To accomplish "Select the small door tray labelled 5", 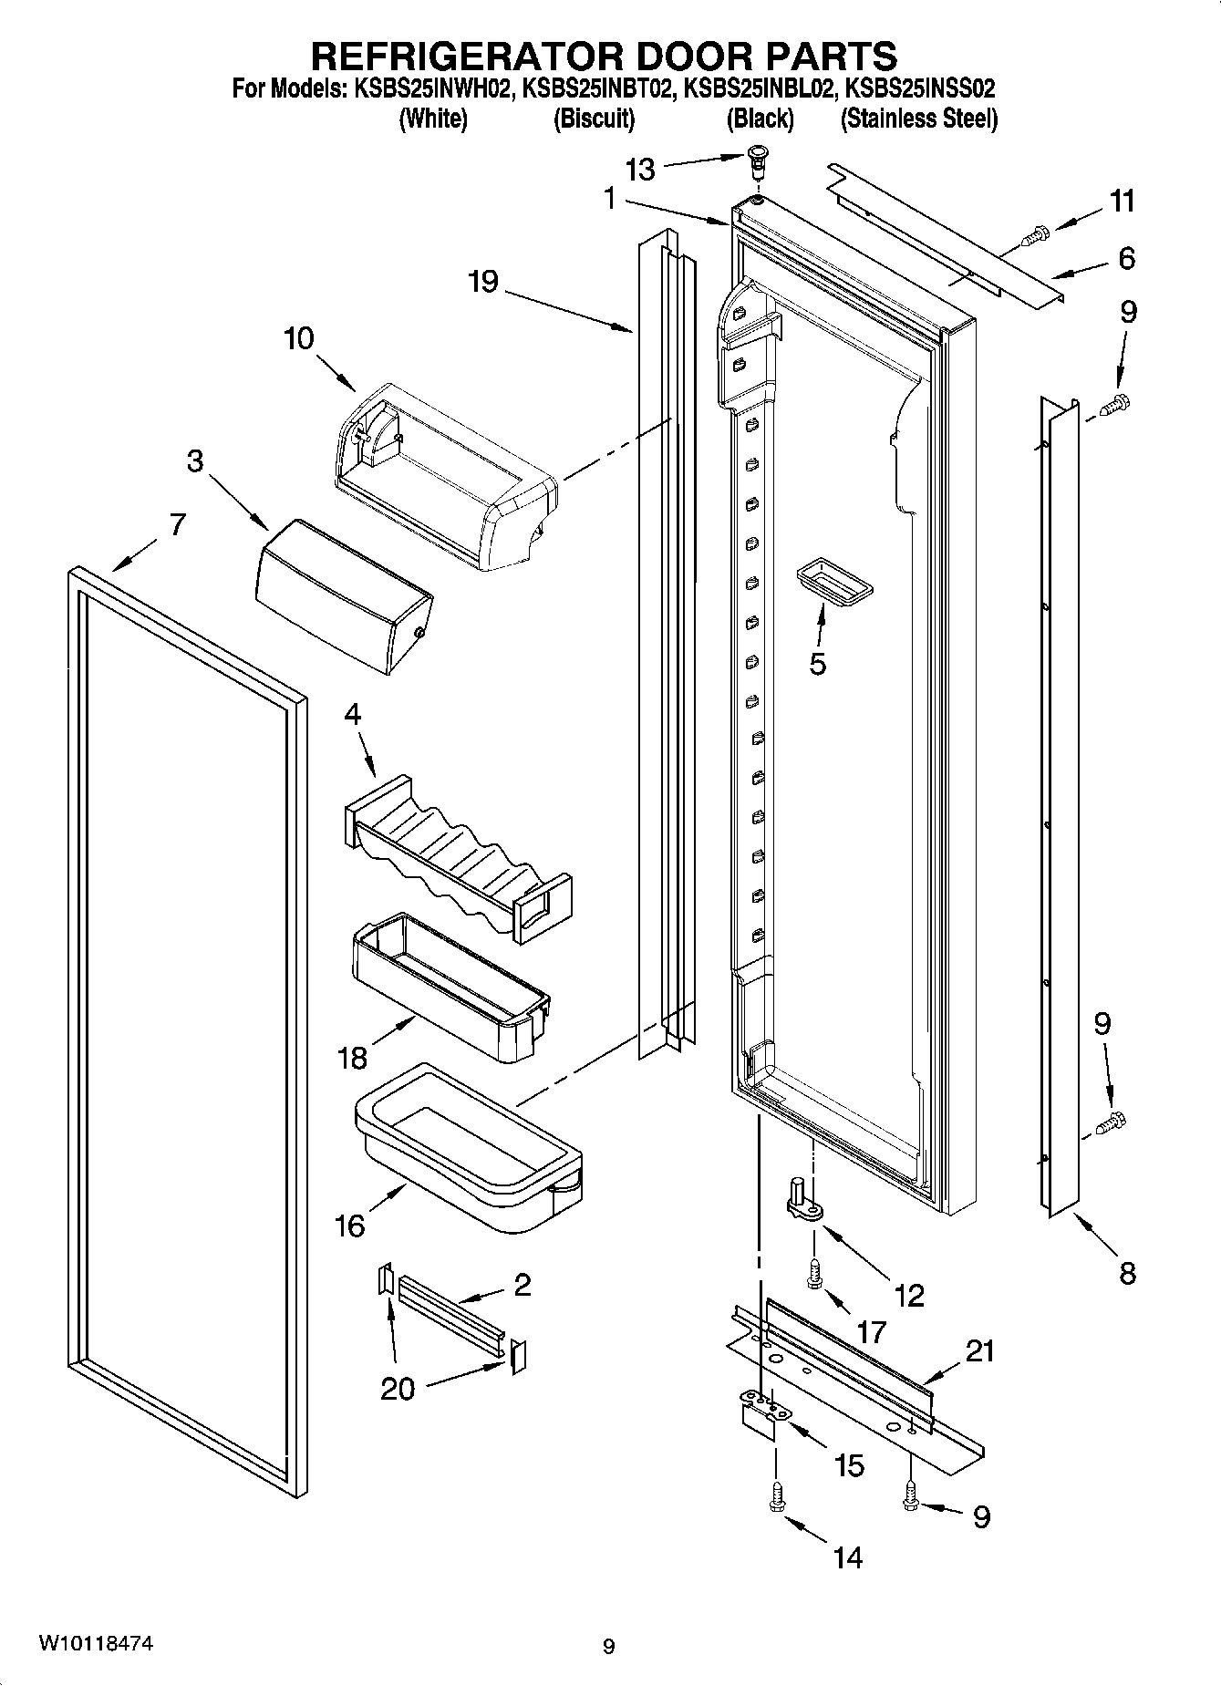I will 833,582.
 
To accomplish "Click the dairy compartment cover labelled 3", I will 343,595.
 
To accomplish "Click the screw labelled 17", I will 814,1273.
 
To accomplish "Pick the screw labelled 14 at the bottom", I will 777,1498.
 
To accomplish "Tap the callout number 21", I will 980,1350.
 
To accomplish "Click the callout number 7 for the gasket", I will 177,524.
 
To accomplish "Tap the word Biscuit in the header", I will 594,119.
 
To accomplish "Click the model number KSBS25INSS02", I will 919,89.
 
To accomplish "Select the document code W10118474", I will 95,1644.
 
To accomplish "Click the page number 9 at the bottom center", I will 609,1647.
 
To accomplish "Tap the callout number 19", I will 483,282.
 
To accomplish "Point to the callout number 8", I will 1127,1273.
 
